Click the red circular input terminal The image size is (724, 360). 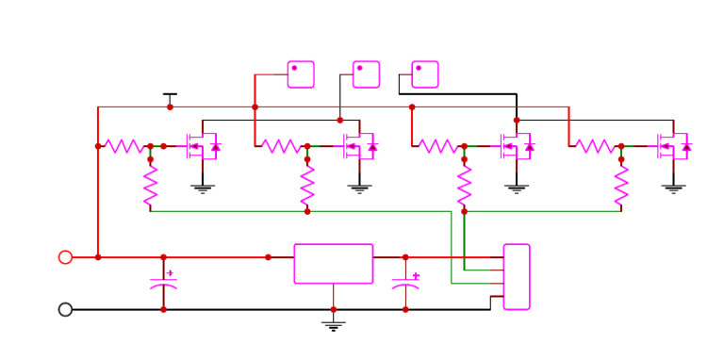tap(65, 257)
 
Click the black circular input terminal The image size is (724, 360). tap(65, 309)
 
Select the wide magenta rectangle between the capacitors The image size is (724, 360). tap(333, 264)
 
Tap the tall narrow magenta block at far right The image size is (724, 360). tap(517, 276)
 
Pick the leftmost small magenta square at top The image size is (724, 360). tap(301, 74)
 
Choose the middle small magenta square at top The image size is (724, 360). tap(366, 74)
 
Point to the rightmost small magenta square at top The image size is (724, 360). tap(425, 74)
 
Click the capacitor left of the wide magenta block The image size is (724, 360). tap(163, 282)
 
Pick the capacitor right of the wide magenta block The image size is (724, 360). tap(405, 282)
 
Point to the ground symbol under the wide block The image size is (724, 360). tap(333, 325)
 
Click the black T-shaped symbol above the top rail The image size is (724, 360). tap(170, 97)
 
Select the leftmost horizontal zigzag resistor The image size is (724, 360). tap(123, 146)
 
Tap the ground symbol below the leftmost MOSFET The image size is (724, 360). tap(202, 188)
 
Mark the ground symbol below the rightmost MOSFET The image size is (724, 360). tap(673, 188)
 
